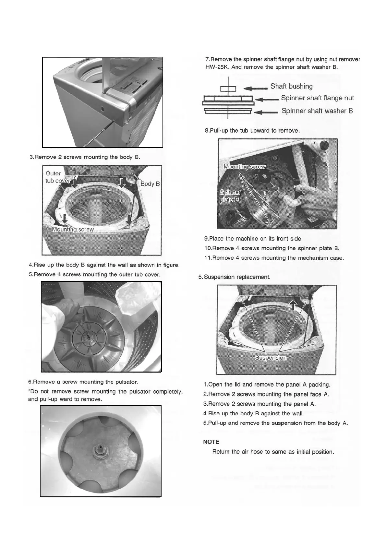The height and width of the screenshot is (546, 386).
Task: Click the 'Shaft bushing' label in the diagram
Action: point(291,86)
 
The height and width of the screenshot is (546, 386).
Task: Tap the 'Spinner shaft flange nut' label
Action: point(317,98)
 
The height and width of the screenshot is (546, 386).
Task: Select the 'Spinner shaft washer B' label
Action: point(317,111)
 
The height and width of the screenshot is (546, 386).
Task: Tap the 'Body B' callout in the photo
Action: point(150,184)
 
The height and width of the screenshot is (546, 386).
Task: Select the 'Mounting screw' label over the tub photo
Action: point(73,230)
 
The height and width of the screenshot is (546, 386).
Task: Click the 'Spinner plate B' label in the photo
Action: point(230,196)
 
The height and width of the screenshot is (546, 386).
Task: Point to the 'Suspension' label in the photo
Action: point(271,358)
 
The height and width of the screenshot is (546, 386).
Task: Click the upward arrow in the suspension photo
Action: point(293,305)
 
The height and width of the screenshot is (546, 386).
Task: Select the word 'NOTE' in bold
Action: point(211,442)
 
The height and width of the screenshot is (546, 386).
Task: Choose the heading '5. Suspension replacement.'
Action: point(234,277)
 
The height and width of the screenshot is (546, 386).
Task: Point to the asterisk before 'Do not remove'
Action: point(30,391)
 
